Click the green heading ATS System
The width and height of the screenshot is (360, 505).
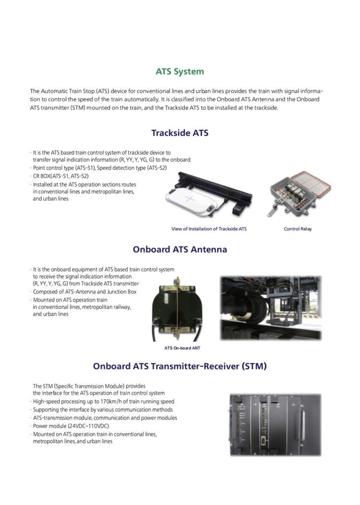click(x=180, y=72)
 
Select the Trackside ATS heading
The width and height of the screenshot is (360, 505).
click(x=180, y=133)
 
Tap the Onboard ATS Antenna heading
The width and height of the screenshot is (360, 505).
click(x=180, y=250)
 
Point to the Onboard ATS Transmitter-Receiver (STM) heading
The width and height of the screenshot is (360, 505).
click(x=180, y=366)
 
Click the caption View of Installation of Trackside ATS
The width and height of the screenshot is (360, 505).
click(x=209, y=229)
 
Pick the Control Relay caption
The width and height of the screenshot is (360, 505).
click(x=298, y=229)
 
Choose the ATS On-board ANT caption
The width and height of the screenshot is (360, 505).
click(x=182, y=348)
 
